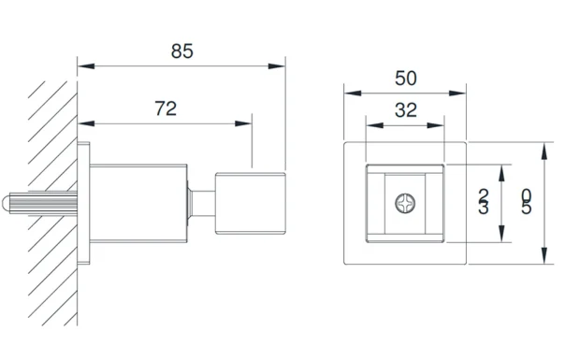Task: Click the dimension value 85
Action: (x=182, y=51)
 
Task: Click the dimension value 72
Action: (x=166, y=108)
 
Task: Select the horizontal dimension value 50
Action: (x=406, y=79)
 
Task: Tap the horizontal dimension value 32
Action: (x=406, y=110)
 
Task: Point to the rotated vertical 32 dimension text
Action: (x=484, y=201)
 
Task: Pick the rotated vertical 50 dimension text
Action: (x=527, y=202)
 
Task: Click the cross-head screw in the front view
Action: (x=405, y=203)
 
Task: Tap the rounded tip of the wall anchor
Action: (x=5, y=203)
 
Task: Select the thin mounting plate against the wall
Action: (x=83, y=203)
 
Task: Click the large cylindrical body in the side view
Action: (x=138, y=203)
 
